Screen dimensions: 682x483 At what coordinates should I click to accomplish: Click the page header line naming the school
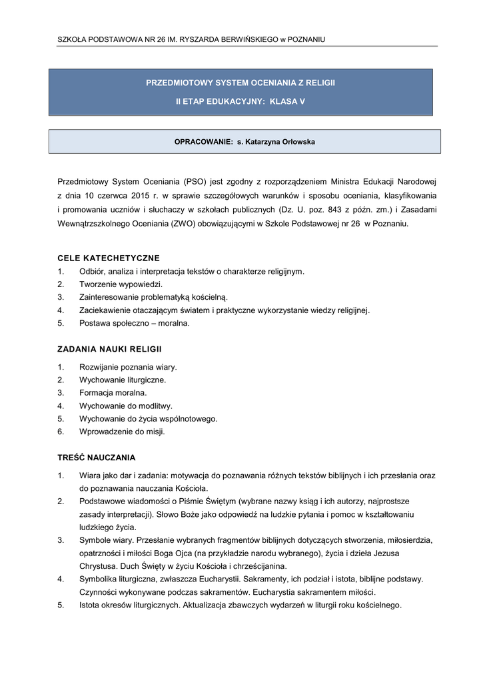pyautogui.click(x=192, y=40)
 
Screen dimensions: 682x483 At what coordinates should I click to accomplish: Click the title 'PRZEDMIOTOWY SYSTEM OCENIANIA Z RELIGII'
pyautogui.click(x=241, y=83)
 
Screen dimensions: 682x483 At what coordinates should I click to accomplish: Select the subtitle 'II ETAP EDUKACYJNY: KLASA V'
pyautogui.click(x=240, y=102)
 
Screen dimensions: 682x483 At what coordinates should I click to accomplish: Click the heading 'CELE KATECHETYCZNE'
pyautogui.click(x=109, y=258)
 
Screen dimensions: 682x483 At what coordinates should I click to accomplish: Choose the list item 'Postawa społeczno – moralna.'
pyautogui.click(x=134, y=323)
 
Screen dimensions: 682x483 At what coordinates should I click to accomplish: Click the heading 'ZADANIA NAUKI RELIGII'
pyautogui.click(x=110, y=349)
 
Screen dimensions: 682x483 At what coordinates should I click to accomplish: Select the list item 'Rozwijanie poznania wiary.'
pyautogui.click(x=128, y=367)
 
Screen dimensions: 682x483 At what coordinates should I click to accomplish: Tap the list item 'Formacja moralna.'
pyautogui.click(x=113, y=393)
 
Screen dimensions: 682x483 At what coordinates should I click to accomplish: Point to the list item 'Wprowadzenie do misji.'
pyautogui.click(x=122, y=432)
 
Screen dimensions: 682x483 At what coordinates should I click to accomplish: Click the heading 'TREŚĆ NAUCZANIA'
pyautogui.click(x=97, y=458)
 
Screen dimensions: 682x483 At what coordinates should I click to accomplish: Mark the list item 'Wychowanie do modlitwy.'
pyautogui.click(x=125, y=406)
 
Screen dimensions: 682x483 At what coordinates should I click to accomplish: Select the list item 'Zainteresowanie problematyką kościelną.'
pyautogui.click(x=153, y=297)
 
